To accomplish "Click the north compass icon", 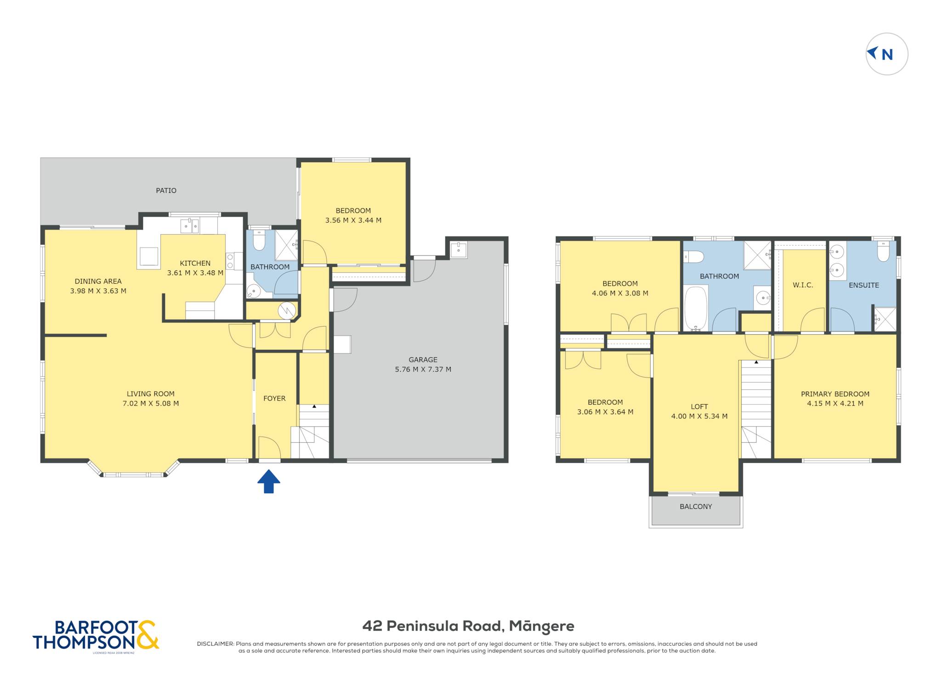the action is tap(886, 54).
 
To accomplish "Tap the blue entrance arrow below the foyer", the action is tap(269, 481).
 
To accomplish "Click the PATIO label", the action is tap(166, 191).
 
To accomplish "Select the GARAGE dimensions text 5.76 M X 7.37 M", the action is tap(423, 369).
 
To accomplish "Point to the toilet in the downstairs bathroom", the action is tap(259, 240).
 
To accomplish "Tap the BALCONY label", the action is tap(696, 506).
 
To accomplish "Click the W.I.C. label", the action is tap(803, 285).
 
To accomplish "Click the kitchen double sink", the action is tap(189, 226).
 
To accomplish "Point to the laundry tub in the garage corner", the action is tap(459, 250).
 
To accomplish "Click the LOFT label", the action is tap(699, 407).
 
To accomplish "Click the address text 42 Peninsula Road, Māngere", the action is tap(468, 626).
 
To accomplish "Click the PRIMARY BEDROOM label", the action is tap(835, 394).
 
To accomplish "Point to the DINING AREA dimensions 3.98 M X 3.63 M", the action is tap(98, 291).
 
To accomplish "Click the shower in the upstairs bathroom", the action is tap(757, 255).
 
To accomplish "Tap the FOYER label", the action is tap(274, 399).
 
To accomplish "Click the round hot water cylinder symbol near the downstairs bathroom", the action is tap(287, 311).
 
